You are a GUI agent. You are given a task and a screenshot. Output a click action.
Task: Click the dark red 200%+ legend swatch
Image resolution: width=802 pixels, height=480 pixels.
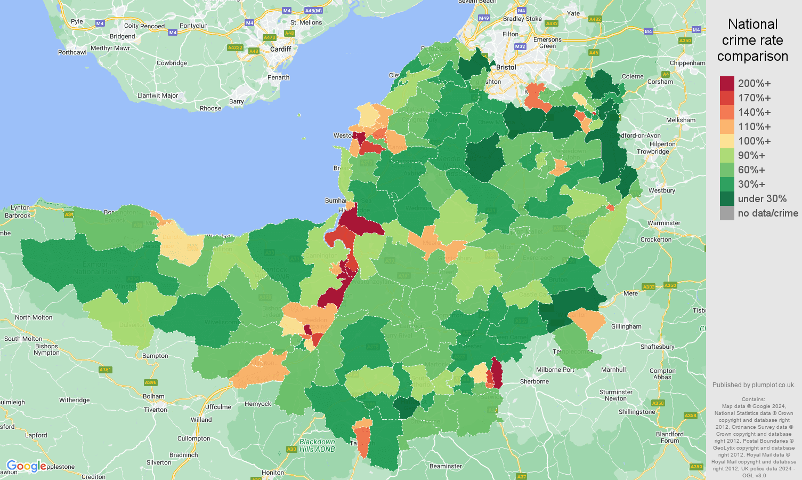pyautogui.click(x=727, y=84)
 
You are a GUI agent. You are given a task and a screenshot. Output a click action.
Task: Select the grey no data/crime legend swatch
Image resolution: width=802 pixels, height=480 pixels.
pyautogui.click(x=727, y=213)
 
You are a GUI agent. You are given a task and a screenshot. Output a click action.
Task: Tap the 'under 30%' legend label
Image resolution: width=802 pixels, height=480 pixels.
pyautogui.click(x=762, y=199)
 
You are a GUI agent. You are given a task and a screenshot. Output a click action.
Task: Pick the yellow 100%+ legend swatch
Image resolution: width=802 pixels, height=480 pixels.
pyautogui.click(x=727, y=141)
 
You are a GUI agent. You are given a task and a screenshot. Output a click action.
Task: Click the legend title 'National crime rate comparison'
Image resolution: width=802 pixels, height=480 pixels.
pyautogui.click(x=752, y=40)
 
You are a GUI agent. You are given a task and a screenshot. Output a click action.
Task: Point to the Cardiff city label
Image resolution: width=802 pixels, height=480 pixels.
pyautogui.click(x=280, y=49)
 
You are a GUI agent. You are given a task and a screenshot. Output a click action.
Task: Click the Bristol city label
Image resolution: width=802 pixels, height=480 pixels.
pyautogui.click(x=506, y=68)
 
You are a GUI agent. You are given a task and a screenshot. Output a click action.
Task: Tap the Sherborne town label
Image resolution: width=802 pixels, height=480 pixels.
pyautogui.click(x=534, y=381)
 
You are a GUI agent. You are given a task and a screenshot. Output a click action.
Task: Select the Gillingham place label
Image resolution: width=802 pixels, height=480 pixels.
pyautogui.click(x=626, y=326)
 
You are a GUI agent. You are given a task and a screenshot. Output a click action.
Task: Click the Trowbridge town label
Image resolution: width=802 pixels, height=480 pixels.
pyautogui.click(x=653, y=151)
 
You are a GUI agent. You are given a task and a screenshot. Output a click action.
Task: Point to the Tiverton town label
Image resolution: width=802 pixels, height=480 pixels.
pyautogui.click(x=156, y=410)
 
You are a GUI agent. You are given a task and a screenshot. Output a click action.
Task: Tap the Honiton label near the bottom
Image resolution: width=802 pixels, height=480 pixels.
pyautogui.click(x=273, y=473)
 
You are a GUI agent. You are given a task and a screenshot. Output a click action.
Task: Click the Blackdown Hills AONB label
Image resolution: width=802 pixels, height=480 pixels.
pyautogui.click(x=317, y=445)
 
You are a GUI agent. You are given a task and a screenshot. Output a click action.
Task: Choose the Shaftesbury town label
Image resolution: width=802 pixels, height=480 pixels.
pyautogui.click(x=657, y=347)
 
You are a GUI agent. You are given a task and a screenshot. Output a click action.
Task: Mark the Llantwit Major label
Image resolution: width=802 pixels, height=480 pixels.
pyautogui.click(x=158, y=96)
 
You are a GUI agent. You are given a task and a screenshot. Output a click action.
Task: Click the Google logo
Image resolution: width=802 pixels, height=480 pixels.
pyautogui.click(x=26, y=466)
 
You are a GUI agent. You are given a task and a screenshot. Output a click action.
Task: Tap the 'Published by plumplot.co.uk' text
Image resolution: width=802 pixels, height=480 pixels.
pyautogui.click(x=754, y=385)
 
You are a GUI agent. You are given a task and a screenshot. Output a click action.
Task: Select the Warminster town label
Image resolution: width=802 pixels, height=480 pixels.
pyautogui.click(x=663, y=223)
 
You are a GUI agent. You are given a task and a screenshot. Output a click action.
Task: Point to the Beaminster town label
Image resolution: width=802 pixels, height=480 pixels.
pyautogui.click(x=445, y=466)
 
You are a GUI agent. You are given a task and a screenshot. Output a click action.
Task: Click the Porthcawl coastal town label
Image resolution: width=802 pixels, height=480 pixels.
pyautogui.click(x=72, y=52)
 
